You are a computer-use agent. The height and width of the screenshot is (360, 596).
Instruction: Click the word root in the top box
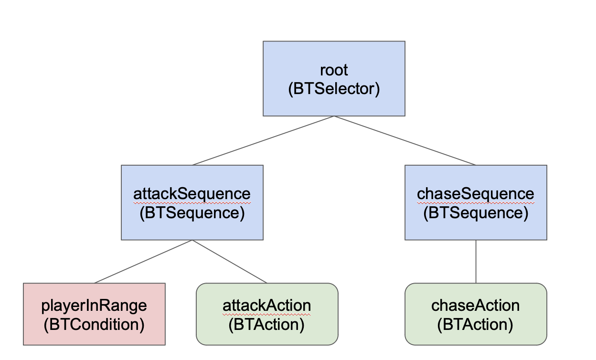pos(334,70)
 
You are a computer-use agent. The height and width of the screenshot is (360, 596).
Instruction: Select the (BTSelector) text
pos(334,89)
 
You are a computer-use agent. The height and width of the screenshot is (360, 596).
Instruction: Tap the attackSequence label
pos(192,194)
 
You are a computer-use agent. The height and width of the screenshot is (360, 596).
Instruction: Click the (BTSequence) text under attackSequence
pos(192,213)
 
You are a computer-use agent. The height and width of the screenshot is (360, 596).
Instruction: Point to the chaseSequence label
pos(476,194)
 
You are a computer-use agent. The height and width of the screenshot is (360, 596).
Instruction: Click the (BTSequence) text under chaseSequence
pos(476,213)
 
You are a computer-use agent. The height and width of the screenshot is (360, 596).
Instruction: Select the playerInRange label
pos(94,306)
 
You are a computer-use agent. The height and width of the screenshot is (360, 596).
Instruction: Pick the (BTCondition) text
pos(94,325)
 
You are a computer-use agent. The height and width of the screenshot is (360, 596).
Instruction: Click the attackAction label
pos(267,306)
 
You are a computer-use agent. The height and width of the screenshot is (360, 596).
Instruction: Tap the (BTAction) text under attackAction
pos(267,325)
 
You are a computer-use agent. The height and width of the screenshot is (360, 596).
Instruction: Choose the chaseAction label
pos(476,306)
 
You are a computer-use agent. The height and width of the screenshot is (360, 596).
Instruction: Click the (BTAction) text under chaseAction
pos(476,325)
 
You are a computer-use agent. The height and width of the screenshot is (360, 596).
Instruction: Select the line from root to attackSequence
pos(263,141)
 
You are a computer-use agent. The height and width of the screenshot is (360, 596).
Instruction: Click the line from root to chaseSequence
pos(405,141)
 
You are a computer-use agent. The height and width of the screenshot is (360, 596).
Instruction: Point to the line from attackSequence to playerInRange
pos(143,262)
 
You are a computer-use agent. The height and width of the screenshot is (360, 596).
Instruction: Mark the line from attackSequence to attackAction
pos(230,262)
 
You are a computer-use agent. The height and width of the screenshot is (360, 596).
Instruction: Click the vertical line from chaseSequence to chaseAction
pos(476,262)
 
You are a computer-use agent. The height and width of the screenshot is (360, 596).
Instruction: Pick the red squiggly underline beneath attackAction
pos(267,315)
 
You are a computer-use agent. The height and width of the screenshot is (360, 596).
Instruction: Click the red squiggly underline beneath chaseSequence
pos(476,203)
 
